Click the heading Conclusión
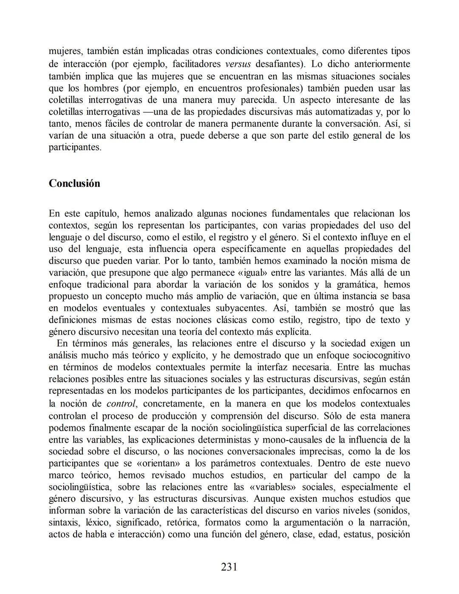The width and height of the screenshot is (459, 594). pyautogui.click(x=74, y=183)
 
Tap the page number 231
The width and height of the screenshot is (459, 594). pyautogui.click(x=229, y=566)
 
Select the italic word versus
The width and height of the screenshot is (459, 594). pyautogui.click(x=237, y=64)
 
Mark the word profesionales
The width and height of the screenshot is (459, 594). pyautogui.click(x=275, y=88)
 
